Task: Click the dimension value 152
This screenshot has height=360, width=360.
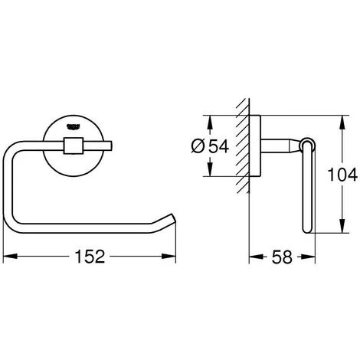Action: point(90,257)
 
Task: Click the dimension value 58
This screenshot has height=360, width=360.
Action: point(282,257)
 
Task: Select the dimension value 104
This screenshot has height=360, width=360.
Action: point(342,175)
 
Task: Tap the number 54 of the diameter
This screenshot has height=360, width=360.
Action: point(218,146)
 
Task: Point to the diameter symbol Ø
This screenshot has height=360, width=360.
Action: point(198,146)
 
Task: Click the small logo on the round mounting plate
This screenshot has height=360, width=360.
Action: point(74,126)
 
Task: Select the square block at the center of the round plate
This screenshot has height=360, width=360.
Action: point(74,146)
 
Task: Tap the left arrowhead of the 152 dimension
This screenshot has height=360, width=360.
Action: point(10,256)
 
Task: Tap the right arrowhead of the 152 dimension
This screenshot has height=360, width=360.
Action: point(169,256)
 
